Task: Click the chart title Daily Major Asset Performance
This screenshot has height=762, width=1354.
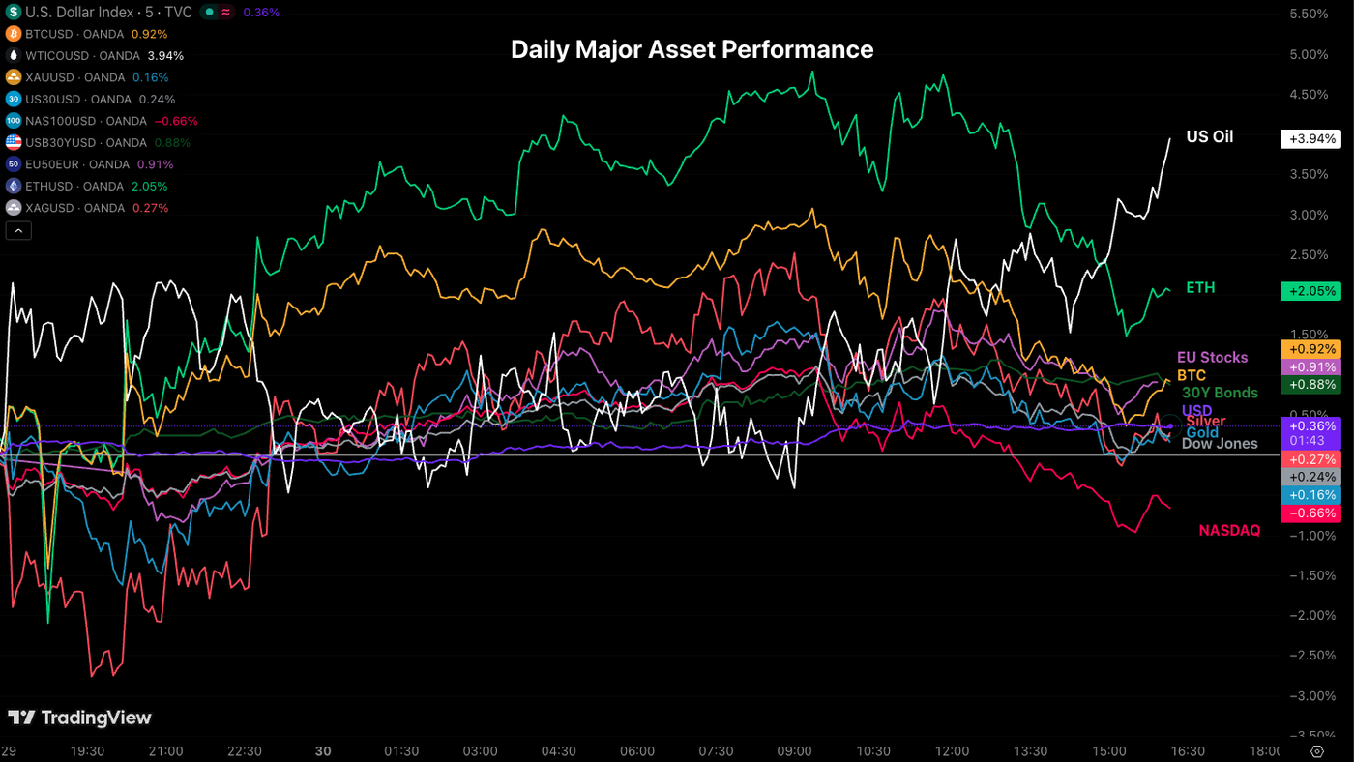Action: tap(692, 49)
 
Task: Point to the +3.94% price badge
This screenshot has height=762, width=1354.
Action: tap(1310, 138)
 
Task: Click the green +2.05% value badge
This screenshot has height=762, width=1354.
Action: tap(1310, 291)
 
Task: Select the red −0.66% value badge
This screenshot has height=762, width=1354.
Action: tap(1310, 513)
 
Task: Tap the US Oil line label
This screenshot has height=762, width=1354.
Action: tap(1209, 137)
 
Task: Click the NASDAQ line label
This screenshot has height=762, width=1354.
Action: tap(1229, 530)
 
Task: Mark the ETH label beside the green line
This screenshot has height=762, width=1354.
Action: tap(1200, 288)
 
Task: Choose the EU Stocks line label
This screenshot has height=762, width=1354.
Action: tap(1212, 358)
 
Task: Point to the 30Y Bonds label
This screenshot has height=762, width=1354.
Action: tap(1220, 393)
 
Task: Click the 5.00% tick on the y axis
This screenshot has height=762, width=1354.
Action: tap(1309, 54)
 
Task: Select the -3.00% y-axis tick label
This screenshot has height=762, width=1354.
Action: tap(1308, 696)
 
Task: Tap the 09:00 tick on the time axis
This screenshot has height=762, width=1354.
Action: tap(795, 751)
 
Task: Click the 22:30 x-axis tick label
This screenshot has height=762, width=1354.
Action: tap(244, 751)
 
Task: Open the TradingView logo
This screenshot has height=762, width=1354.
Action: tap(79, 718)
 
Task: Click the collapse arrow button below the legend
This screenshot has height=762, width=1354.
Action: tap(18, 230)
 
